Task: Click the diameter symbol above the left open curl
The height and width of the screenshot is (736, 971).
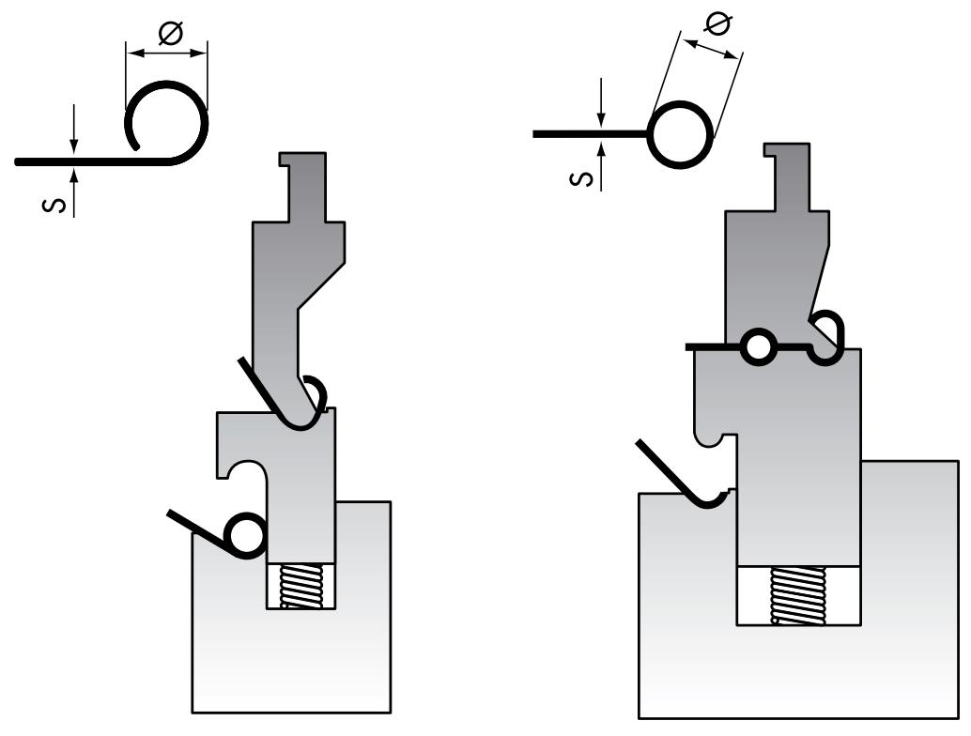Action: point(170,34)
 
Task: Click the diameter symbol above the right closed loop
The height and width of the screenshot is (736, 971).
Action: point(717,23)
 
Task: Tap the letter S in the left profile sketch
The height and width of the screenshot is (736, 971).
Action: point(54,205)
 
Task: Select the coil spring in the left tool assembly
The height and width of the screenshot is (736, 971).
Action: point(301,587)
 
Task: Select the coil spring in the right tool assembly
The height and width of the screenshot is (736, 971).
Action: point(797,595)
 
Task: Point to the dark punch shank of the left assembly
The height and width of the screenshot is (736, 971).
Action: point(303,187)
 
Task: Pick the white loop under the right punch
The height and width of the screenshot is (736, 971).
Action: point(757,347)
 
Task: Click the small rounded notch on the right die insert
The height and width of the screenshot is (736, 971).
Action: point(710,438)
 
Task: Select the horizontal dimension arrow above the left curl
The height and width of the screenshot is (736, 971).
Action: point(166,54)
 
